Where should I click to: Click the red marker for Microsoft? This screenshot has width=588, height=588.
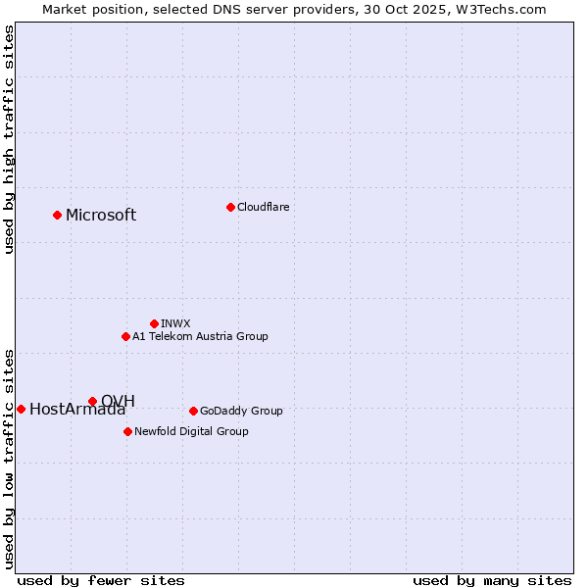tap(57, 215)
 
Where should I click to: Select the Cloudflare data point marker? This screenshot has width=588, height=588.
tap(230, 207)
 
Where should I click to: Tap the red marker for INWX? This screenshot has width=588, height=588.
tap(154, 323)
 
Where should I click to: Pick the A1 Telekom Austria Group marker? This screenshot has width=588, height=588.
tap(125, 336)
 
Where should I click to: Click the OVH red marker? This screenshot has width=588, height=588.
tap(92, 401)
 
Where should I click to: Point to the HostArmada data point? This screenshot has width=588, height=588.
tap(21, 409)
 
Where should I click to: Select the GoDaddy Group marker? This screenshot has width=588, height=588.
tap(193, 411)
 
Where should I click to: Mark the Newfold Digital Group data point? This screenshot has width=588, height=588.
tap(127, 431)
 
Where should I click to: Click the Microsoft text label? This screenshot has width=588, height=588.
tap(101, 216)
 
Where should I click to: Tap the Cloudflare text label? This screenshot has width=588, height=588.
tap(264, 207)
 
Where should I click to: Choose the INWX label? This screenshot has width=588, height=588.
tap(175, 323)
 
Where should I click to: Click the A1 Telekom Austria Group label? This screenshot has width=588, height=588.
tap(200, 336)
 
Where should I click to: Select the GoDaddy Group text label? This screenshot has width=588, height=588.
tap(241, 411)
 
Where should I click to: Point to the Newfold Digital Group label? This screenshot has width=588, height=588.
tap(191, 431)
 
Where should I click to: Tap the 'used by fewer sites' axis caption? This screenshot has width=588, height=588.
tap(101, 580)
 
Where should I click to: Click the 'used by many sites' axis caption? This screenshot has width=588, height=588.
tap(492, 580)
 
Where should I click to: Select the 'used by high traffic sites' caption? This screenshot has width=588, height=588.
tap(10, 139)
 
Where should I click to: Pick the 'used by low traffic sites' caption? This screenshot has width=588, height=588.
tap(10, 458)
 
